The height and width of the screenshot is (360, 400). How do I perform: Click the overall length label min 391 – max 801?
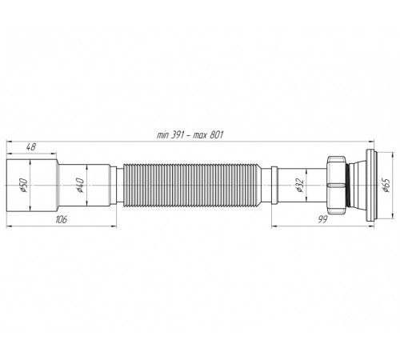pyautogui.click(x=190, y=135)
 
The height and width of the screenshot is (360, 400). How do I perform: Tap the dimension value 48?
pyautogui.click(x=31, y=147)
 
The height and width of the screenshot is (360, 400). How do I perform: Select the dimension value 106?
pyautogui.click(x=62, y=219)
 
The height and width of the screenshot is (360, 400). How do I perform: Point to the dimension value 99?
pyautogui.click(x=322, y=219)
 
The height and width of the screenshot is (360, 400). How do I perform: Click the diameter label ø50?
pyautogui.click(x=24, y=186)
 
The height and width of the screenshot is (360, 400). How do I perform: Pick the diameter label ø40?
pyautogui.click(x=80, y=186)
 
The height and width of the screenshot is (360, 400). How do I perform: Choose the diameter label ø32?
pyautogui.click(x=300, y=186)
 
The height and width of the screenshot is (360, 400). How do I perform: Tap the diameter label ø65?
pyautogui.click(x=386, y=186)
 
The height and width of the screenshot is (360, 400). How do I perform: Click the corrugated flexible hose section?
pyautogui.click(x=191, y=186)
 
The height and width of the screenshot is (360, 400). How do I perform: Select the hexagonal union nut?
pyautogui.click(x=336, y=185)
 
